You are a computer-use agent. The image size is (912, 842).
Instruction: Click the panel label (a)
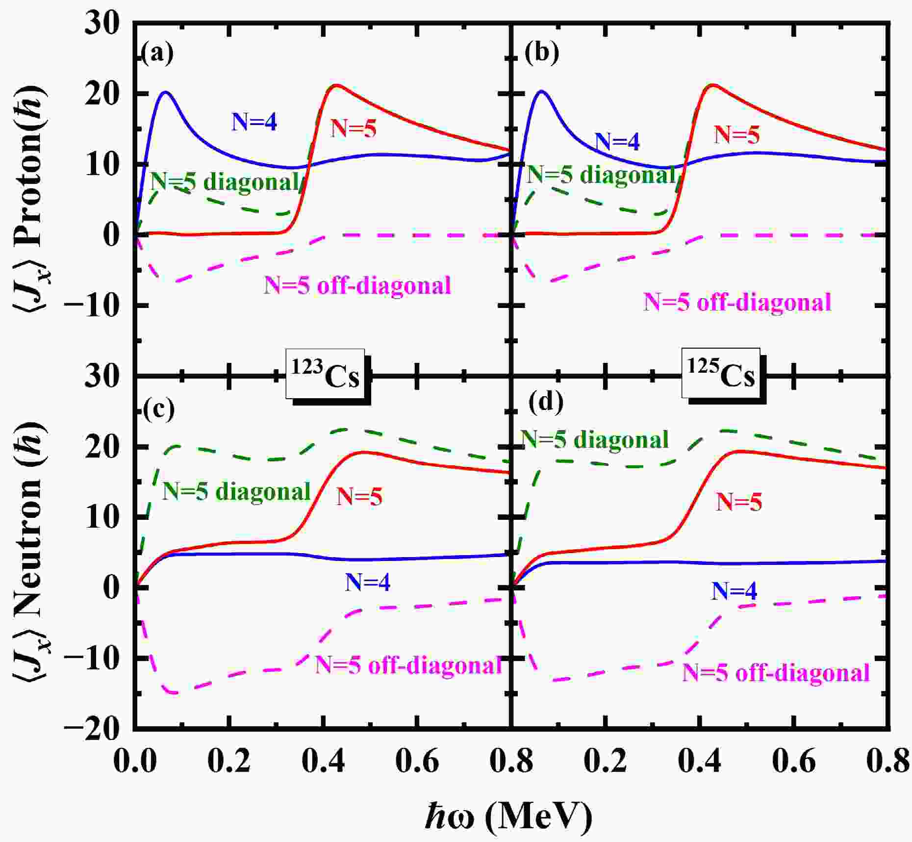pyautogui.click(x=157, y=53)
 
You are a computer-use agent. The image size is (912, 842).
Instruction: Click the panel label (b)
pyautogui.click(x=541, y=53)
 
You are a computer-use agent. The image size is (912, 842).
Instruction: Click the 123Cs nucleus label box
pyautogui.click(x=326, y=376)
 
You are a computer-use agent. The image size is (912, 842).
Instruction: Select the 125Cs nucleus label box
pyautogui.click(x=721, y=376)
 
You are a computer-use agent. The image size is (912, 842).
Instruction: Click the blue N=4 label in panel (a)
pyautogui.click(x=254, y=122)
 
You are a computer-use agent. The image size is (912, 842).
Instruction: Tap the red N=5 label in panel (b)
pyautogui.click(x=736, y=134)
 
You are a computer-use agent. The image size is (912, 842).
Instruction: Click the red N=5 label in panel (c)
pyautogui.click(x=359, y=497)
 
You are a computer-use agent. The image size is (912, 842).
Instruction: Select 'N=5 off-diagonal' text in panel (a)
pyautogui.click(x=357, y=285)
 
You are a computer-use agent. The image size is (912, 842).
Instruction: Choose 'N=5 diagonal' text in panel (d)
pyautogui.click(x=594, y=439)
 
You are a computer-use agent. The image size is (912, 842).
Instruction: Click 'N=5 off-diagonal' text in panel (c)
pyautogui.click(x=408, y=665)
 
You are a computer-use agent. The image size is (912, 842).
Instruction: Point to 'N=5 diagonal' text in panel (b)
pyautogui.click(x=601, y=174)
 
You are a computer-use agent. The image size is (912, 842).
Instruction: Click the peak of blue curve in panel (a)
pyautogui.click(x=165, y=92)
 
